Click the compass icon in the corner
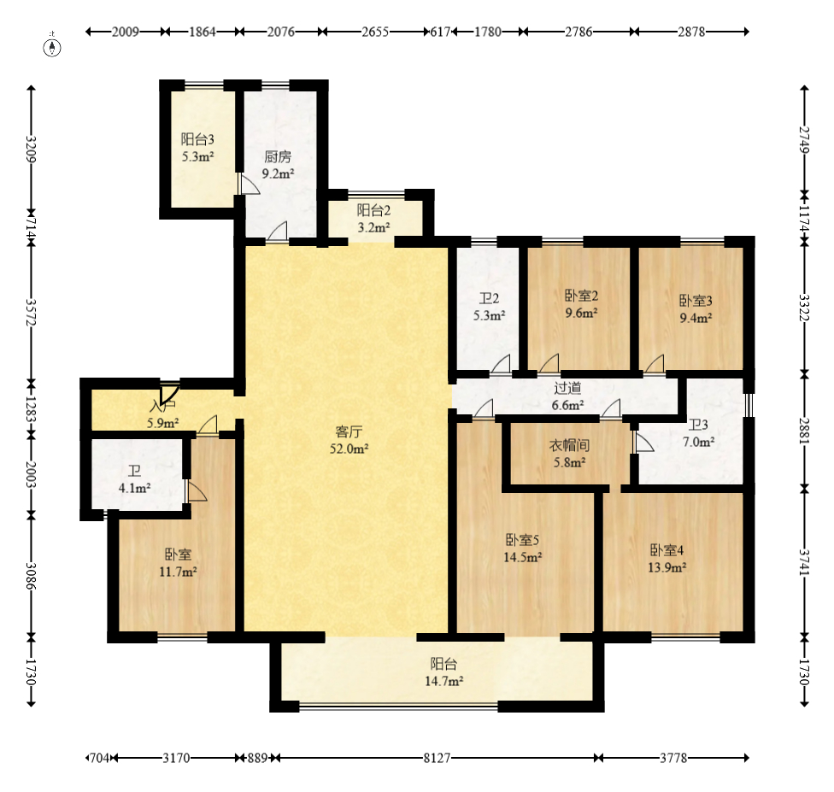(x=52, y=47)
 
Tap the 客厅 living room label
(x=349, y=431)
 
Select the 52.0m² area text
(x=349, y=449)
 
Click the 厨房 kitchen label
(x=278, y=157)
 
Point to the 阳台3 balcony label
(x=197, y=139)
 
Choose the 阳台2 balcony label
(x=374, y=210)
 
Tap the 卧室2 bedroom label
(x=581, y=296)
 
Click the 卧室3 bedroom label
(x=696, y=301)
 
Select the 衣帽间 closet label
(x=569, y=445)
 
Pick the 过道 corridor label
(x=567, y=388)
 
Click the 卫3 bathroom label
(x=698, y=425)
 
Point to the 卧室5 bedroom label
(x=522, y=541)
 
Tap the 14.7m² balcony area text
(x=443, y=682)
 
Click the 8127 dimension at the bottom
(x=437, y=758)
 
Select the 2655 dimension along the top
(x=375, y=32)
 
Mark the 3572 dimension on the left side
(x=32, y=313)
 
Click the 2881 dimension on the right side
(x=804, y=431)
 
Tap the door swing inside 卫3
(x=643, y=442)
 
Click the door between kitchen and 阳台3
(x=247, y=184)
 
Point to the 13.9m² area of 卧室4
(x=667, y=567)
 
